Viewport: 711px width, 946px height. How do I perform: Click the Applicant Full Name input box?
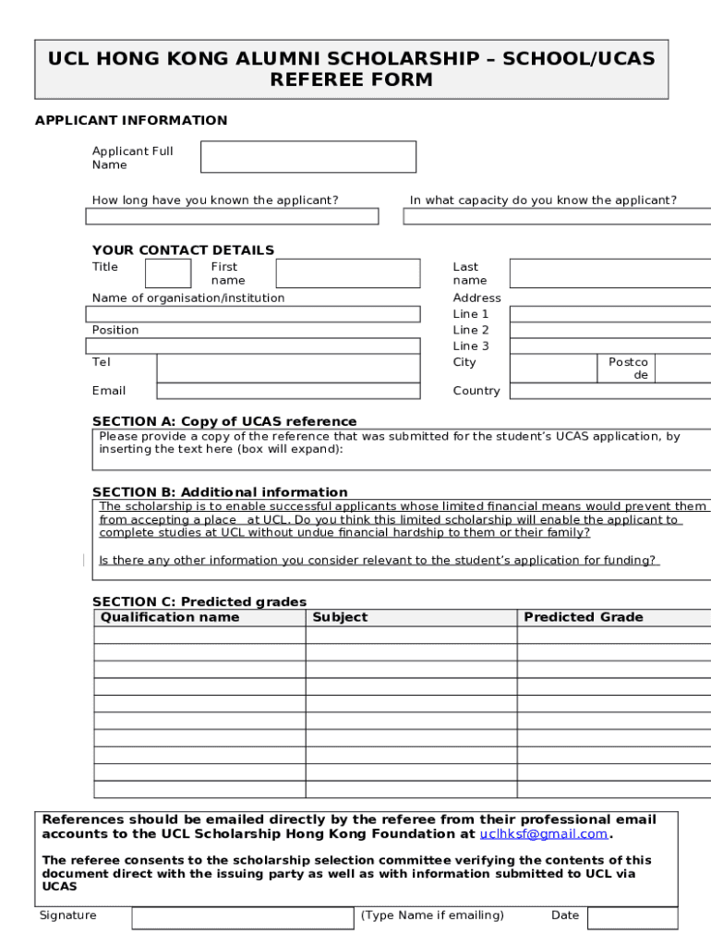tap(307, 157)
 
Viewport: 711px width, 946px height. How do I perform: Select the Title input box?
tap(168, 273)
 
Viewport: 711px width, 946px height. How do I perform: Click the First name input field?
tap(347, 273)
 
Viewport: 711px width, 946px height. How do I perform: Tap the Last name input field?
tap(610, 273)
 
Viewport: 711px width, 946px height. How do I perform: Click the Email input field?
tap(288, 391)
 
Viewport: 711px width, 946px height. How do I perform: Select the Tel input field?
tap(288, 368)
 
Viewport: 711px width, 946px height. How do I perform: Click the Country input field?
tap(610, 391)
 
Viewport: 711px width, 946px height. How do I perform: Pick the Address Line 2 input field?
tap(610, 331)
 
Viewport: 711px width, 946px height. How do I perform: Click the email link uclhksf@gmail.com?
tap(544, 833)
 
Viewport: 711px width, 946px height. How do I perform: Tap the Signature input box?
tap(242, 917)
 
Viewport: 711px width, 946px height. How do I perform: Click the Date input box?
tap(632, 917)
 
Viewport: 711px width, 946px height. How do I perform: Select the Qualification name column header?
tap(170, 617)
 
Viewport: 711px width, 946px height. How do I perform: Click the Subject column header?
tap(340, 617)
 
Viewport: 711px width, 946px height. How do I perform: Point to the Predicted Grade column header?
tap(584, 617)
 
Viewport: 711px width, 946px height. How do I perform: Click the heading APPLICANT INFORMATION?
tap(131, 120)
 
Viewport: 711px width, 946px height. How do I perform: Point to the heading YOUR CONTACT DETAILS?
tap(183, 250)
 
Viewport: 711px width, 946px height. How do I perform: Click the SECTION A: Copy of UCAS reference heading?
tap(224, 421)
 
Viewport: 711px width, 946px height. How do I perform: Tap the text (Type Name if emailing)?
tap(432, 916)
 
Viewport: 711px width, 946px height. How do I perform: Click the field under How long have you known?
tap(232, 216)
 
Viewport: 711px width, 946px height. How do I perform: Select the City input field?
tap(553, 368)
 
